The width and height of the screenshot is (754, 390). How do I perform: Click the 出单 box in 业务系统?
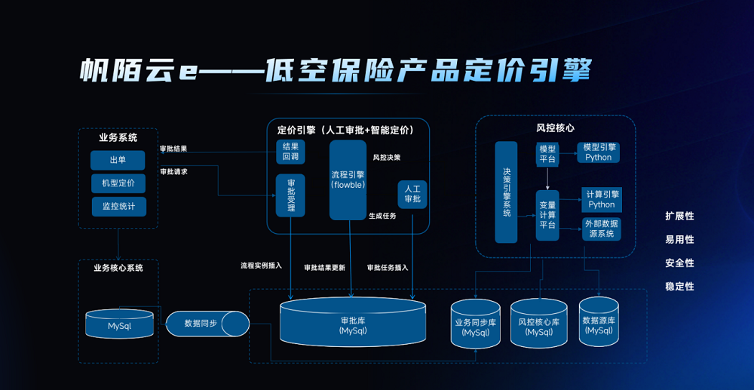118,161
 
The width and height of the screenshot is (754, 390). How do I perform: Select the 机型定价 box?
118,183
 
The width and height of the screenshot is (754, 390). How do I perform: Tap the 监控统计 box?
118,206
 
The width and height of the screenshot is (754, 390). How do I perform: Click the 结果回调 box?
290,152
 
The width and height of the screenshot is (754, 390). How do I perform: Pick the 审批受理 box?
290,195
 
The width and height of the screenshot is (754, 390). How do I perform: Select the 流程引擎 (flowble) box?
348,180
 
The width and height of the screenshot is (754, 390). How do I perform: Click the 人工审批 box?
412,194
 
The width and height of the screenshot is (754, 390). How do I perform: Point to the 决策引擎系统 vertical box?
506,192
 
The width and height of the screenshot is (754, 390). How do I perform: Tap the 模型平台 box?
547,154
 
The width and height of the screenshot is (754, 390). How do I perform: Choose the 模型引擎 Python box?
599,152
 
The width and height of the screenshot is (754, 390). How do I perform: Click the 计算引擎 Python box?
601,199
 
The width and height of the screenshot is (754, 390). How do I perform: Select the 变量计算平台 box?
547,215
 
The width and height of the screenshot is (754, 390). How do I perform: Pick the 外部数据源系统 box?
601,229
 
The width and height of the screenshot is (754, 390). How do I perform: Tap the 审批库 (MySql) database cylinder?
352,324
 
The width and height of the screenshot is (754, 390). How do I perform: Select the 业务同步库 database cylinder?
476,325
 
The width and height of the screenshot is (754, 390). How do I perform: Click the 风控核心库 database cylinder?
538,325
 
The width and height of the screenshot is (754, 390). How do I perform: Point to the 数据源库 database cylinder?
599,324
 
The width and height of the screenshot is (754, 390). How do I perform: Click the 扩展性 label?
679,216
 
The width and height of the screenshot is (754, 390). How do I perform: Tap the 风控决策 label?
387,158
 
